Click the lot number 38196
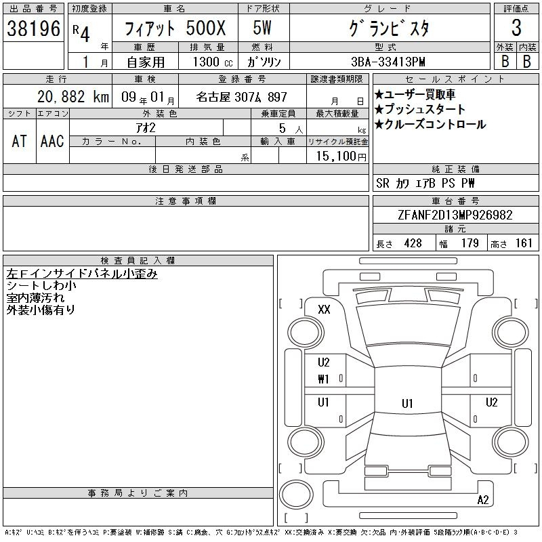pos(33,28)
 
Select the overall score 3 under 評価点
pos(516,28)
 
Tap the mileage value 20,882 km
pos(73,97)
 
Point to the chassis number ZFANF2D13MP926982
pos(455,215)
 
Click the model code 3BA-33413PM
pos(388,62)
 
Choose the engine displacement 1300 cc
pos(213,62)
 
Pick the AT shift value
pos(20,142)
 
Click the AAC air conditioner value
pos(52,142)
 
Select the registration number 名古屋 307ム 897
pos(242,97)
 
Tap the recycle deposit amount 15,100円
pos(341,157)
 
